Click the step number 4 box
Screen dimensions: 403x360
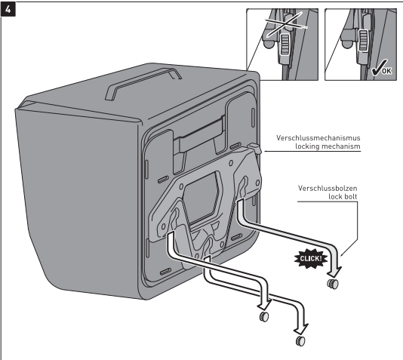click(x=8, y=10)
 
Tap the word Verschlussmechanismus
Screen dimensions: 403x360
click(x=318, y=138)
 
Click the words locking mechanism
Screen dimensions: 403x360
click(x=328, y=146)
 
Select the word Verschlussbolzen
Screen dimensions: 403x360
click(x=328, y=188)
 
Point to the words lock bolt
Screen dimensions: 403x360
click(x=343, y=196)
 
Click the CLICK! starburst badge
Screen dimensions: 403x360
click(x=311, y=258)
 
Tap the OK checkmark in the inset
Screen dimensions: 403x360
click(x=382, y=69)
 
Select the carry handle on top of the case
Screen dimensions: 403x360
click(x=143, y=83)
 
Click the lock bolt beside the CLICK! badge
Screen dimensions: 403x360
click(x=333, y=284)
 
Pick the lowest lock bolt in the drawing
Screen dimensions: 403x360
click(x=300, y=341)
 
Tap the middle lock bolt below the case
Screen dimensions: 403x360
click(x=264, y=316)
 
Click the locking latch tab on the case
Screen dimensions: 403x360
click(x=254, y=148)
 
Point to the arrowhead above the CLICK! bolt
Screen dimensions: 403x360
click(x=335, y=272)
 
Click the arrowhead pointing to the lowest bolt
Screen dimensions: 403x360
click(x=302, y=328)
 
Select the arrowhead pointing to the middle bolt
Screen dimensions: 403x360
click(x=265, y=304)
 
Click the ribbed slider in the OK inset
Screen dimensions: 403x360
click(x=363, y=41)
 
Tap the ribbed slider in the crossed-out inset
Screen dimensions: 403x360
click(x=285, y=45)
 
